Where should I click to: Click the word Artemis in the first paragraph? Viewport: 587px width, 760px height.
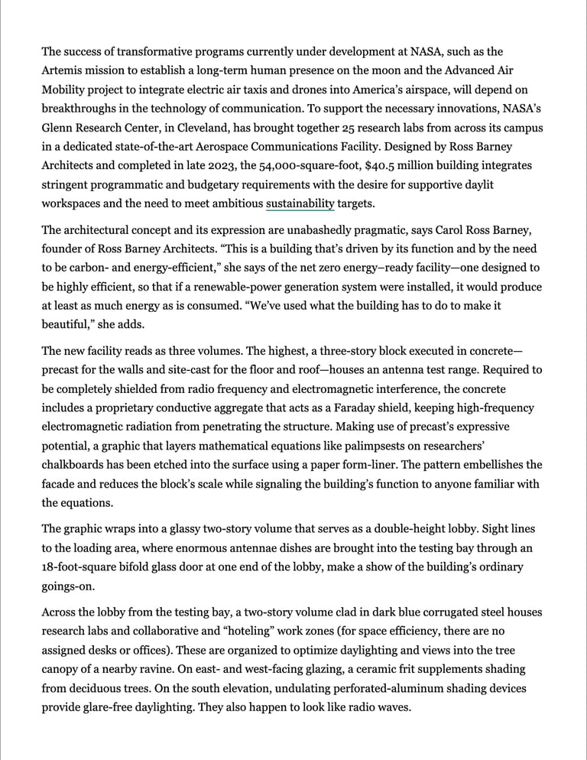[61, 71]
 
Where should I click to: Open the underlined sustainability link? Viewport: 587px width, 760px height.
[300, 203]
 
